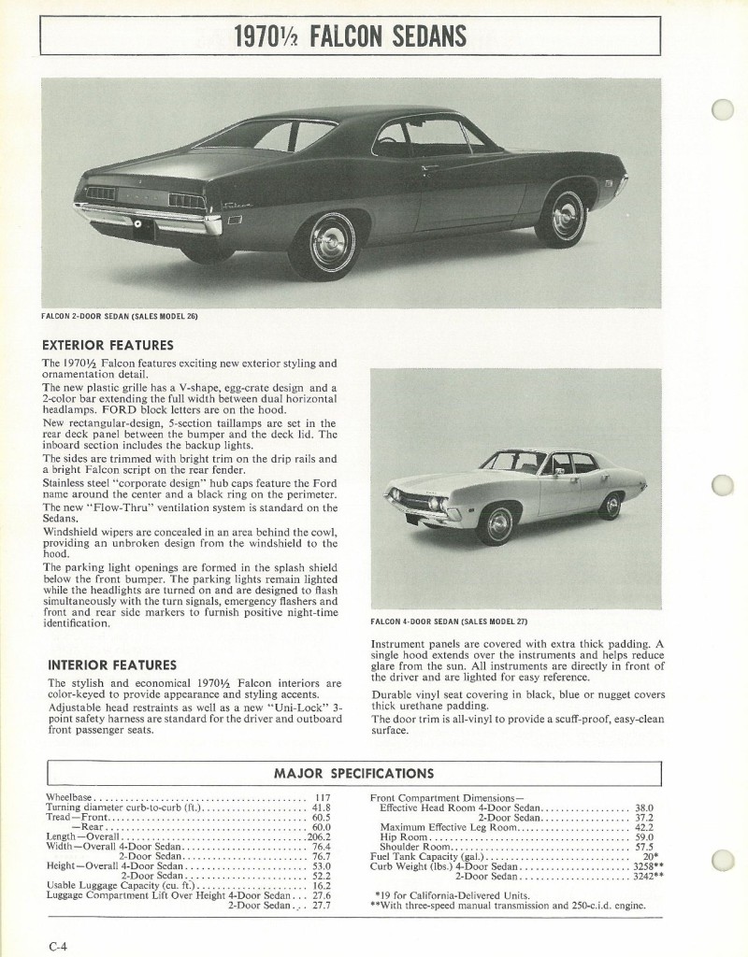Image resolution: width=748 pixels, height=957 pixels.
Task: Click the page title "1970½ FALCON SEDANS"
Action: [350, 37]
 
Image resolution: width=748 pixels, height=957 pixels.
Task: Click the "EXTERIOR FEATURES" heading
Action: [108, 345]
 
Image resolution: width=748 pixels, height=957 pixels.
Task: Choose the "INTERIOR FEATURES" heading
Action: [111, 665]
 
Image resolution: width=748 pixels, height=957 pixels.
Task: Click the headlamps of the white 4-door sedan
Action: [435, 505]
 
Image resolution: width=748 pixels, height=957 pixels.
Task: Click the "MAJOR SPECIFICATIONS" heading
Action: [353, 773]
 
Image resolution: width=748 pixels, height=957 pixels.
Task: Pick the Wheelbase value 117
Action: [323, 797]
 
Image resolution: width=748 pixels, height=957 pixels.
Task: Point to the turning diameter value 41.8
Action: [322, 807]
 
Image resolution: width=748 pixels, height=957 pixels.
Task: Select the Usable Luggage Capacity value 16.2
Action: [322, 886]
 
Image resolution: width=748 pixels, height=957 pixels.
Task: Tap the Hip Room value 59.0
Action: [644, 837]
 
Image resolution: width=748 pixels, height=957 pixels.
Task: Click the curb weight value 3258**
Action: [646, 866]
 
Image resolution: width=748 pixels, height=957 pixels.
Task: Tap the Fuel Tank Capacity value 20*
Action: [651, 857]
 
